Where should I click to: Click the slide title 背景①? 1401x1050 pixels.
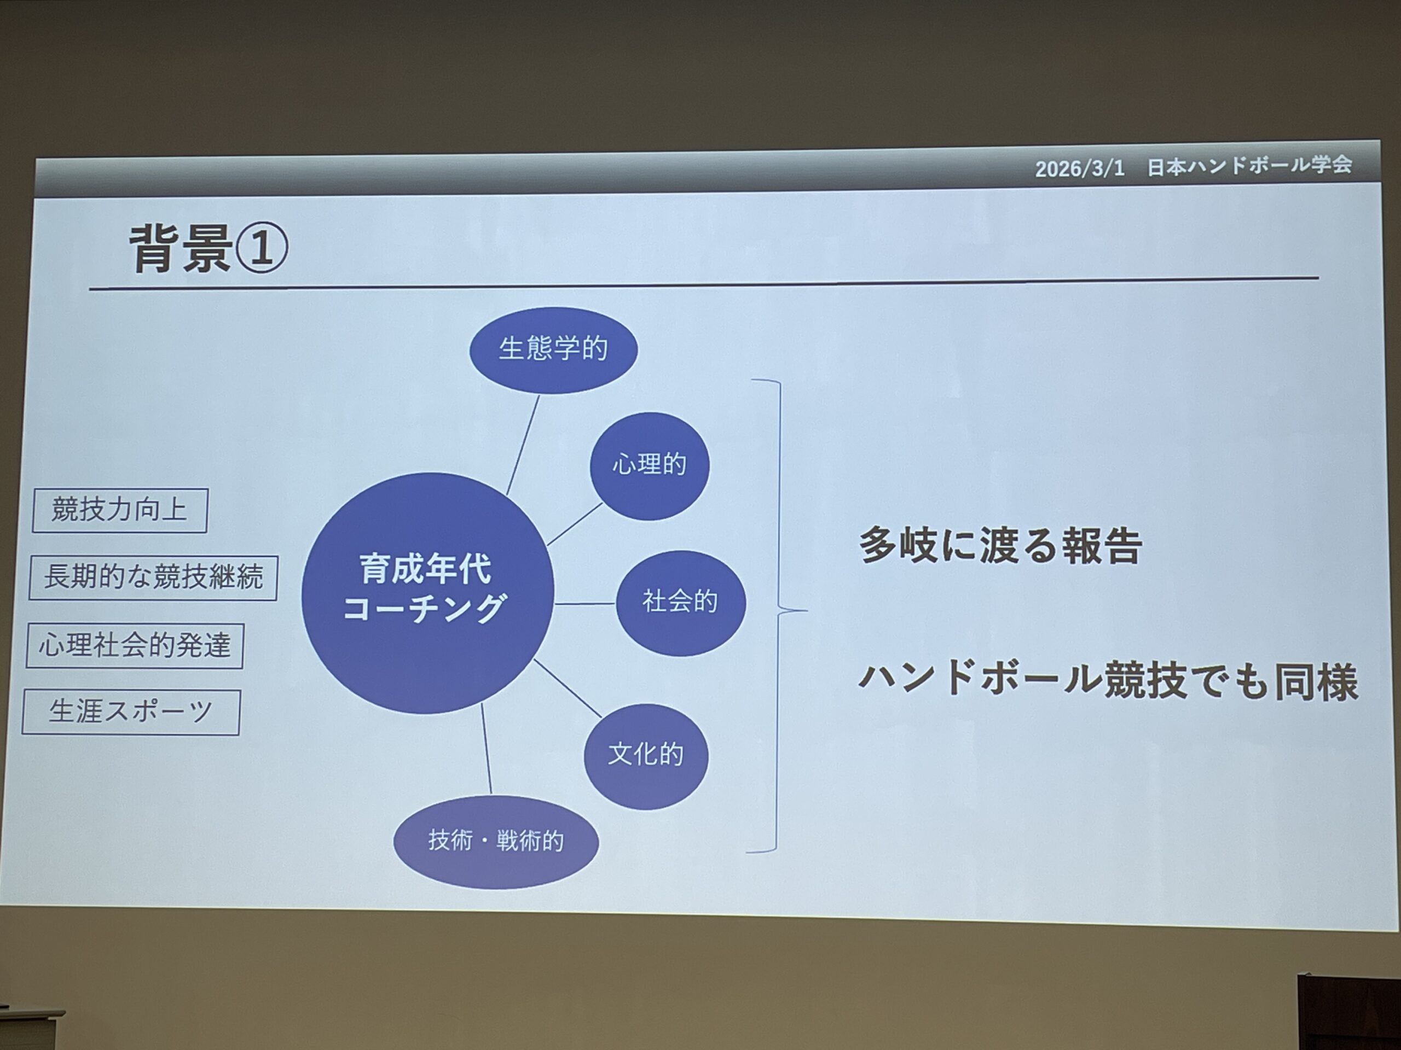(209, 248)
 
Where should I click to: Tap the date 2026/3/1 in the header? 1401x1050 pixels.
(1080, 168)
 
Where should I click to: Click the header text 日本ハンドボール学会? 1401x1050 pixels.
(1249, 166)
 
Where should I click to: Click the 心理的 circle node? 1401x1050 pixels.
(650, 466)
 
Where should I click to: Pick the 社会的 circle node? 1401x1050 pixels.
(681, 602)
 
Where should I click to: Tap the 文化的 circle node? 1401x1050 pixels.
(646, 755)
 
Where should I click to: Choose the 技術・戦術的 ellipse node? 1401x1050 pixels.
(496, 842)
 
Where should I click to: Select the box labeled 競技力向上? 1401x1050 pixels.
(120, 510)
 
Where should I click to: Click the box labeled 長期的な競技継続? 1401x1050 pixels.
(153, 578)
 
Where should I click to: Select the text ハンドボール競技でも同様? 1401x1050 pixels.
(1108, 681)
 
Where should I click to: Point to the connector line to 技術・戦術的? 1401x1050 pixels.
(487, 749)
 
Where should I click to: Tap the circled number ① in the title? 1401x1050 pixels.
(262, 248)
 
